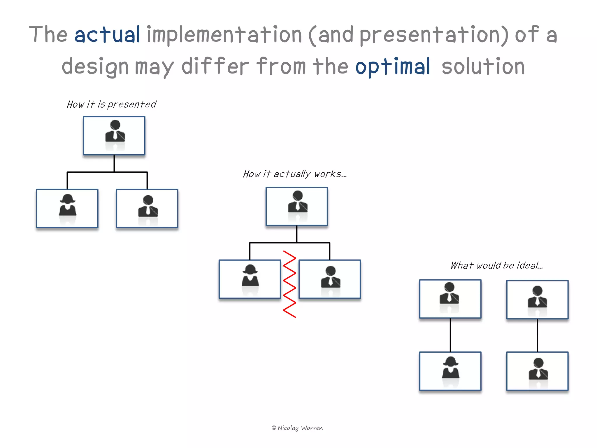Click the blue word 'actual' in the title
tap(107, 35)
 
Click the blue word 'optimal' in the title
tap(392, 67)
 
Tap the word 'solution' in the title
tap(483, 67)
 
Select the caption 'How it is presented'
tap(111, 104)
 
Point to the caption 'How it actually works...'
tap(295, 174)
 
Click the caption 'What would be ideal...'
tap(496, 265)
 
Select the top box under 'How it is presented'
tap(114, 136)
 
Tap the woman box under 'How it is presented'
tap(67, 208)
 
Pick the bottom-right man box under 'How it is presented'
tap(147, 208)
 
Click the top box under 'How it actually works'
tap(296, 206)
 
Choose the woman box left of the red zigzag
tap(250, 279)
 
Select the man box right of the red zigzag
tap(330, 279)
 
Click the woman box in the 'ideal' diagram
tap(450, 371)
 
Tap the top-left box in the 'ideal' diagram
tap(450, 299)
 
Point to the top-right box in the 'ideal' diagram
tap(537, 300)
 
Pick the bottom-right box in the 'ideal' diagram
tap(537, 371)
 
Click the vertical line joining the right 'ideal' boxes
tap(537, 335)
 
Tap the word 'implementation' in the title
tap(224, 35)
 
